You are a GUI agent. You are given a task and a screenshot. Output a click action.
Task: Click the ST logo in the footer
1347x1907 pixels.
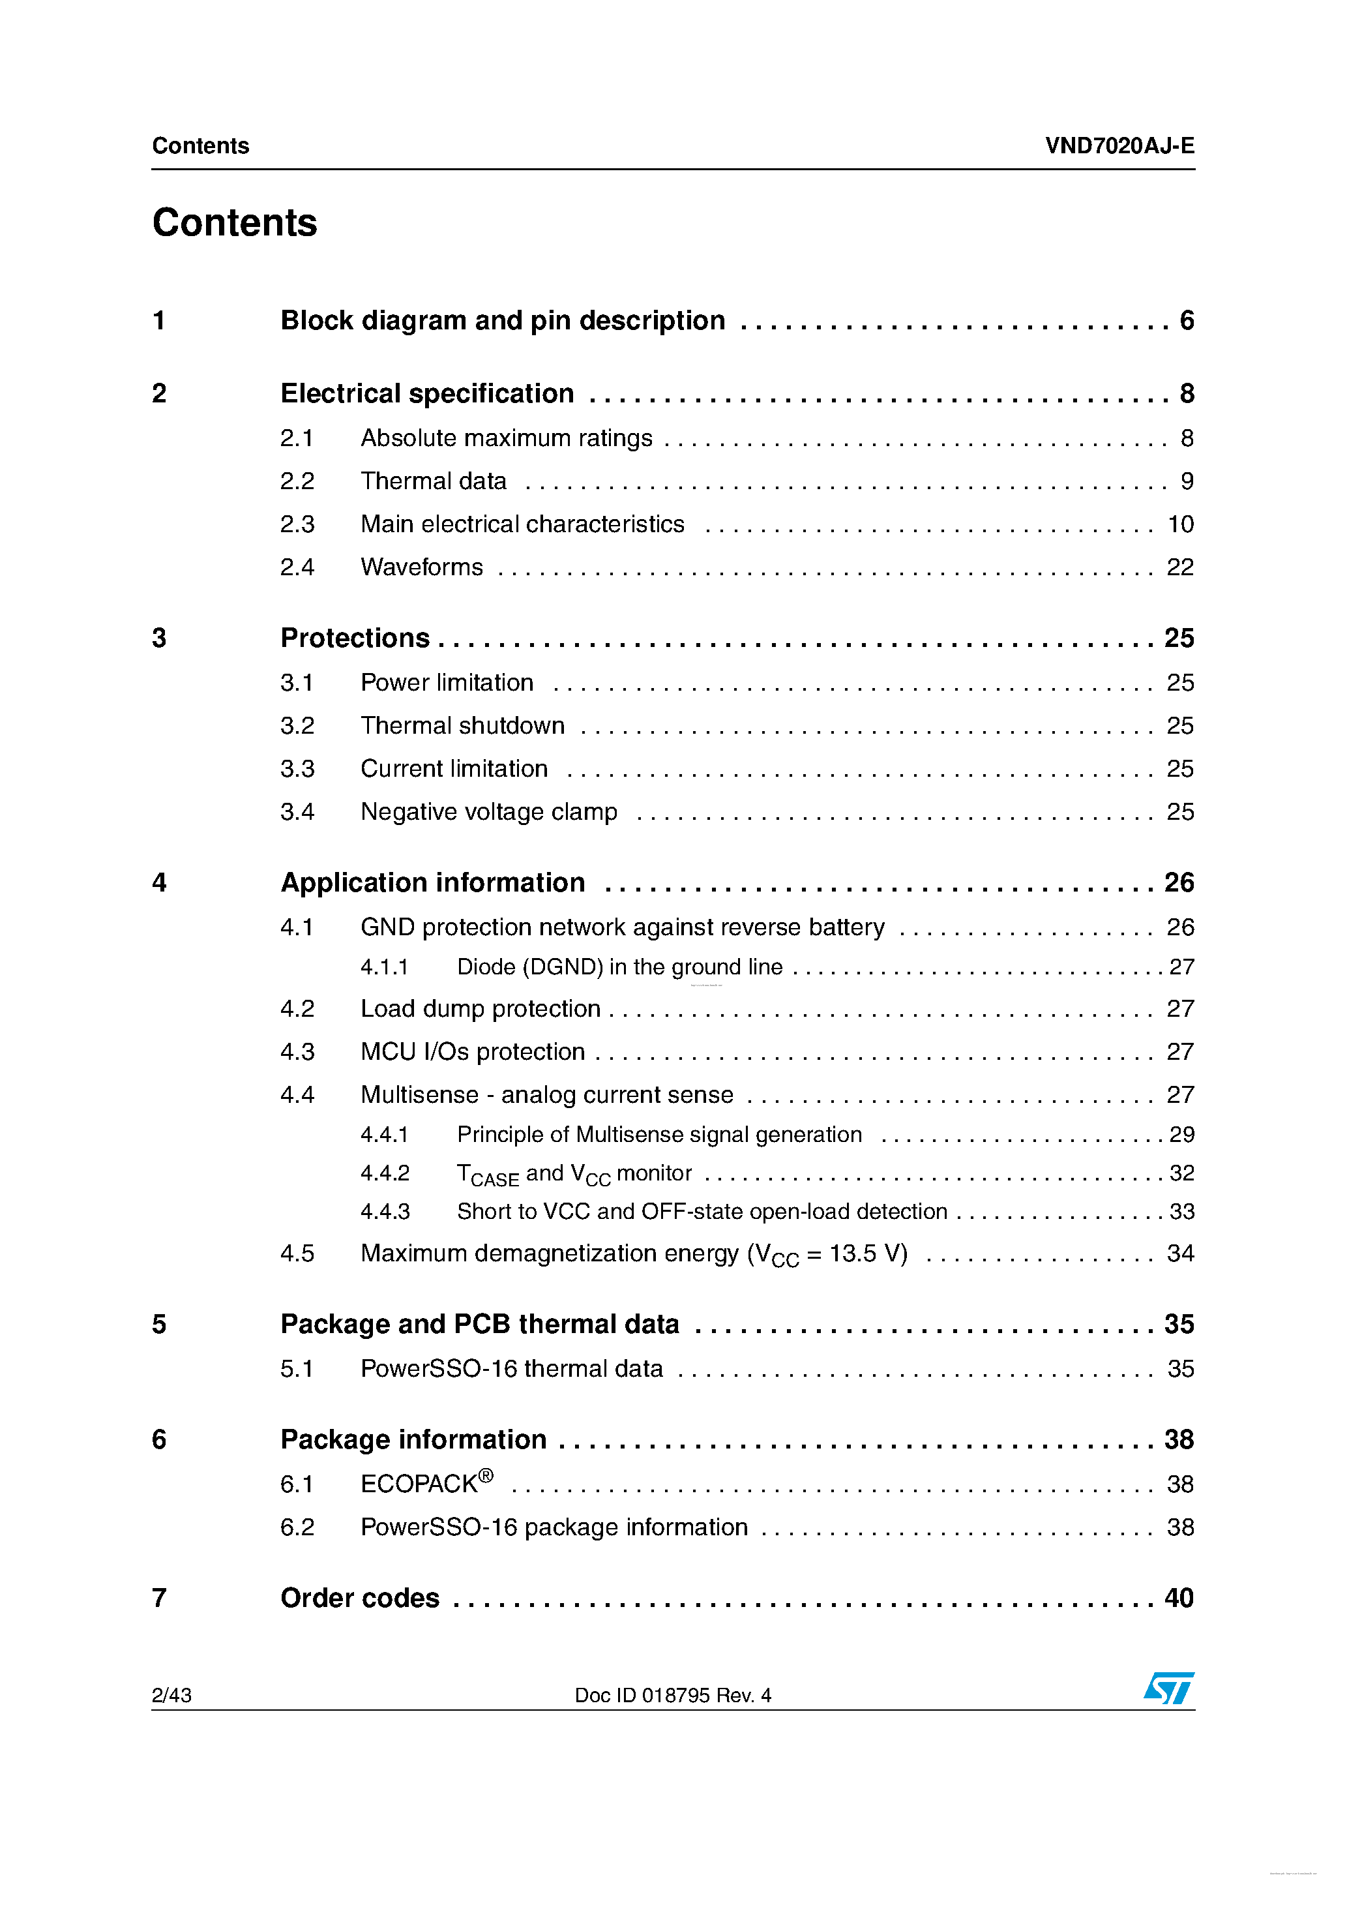pos(1168,1688)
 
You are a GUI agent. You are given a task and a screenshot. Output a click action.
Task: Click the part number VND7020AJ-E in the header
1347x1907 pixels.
pos(1119,146)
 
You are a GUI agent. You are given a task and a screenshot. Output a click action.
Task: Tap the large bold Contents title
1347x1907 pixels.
pos(234,222)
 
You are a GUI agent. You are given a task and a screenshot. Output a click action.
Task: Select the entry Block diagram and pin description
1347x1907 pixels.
pos(503,321)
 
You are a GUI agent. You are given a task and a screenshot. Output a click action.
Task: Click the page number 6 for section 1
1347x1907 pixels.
pos(1187,321)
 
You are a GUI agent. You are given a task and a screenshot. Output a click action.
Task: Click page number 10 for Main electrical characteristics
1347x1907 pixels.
pos(1180,525)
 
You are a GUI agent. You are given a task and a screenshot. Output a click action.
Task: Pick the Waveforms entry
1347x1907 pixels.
pos(421,567)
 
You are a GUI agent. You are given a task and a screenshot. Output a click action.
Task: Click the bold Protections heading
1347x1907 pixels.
pos(355,638)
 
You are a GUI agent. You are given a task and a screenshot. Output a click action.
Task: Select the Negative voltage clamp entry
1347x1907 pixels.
pos(488,811)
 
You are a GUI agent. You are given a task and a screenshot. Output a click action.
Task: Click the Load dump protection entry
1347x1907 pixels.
pos(480,1009)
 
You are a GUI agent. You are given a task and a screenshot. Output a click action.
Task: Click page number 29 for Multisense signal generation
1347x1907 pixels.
pos(1181,1135)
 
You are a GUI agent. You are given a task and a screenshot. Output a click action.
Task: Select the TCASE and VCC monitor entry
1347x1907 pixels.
pos(574,1173)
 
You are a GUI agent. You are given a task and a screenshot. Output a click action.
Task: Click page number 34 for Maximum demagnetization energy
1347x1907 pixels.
pos(1180,1254)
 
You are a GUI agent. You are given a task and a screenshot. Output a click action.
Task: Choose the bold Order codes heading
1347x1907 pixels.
pos(360,1598)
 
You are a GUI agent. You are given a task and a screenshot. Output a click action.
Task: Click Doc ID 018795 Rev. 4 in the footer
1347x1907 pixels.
pos(673,1695)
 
